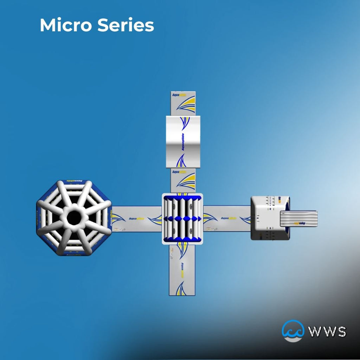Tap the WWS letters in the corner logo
[x=327, y=332]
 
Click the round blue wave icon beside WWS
[x=292, y=330]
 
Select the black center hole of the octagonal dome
[x=74, y=218]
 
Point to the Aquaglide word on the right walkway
[x=228, y=218]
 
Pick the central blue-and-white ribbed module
[x=182, y=219]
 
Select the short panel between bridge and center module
[x=183, y=180]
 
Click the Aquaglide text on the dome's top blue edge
[x=74, y=182]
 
